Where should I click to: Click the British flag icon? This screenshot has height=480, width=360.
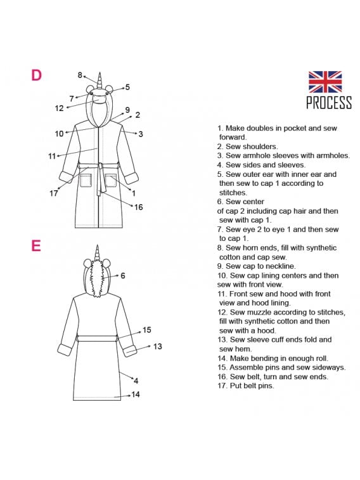point(325,82)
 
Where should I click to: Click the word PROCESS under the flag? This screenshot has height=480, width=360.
point(329,103)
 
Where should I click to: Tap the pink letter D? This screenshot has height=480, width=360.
point(36,75)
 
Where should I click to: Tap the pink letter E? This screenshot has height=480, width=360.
point(36,245)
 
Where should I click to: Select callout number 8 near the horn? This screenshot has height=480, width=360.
point(80,75)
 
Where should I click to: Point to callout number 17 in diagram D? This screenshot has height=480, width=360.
point(53,193)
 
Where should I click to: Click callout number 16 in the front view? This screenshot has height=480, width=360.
point(139,207)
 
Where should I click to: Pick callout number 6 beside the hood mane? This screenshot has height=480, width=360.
point(123,276)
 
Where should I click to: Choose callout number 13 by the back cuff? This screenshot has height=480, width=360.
point(158,347)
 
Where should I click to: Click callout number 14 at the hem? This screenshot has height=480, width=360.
point(136,394)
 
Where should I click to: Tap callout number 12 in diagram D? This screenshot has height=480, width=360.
point(60,108)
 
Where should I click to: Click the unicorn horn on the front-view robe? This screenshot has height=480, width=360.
point(100,81)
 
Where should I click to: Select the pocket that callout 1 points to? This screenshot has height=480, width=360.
point(110,180)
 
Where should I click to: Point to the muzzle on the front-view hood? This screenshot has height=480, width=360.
point(100,99)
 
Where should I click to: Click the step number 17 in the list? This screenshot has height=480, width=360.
point(222,386)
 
